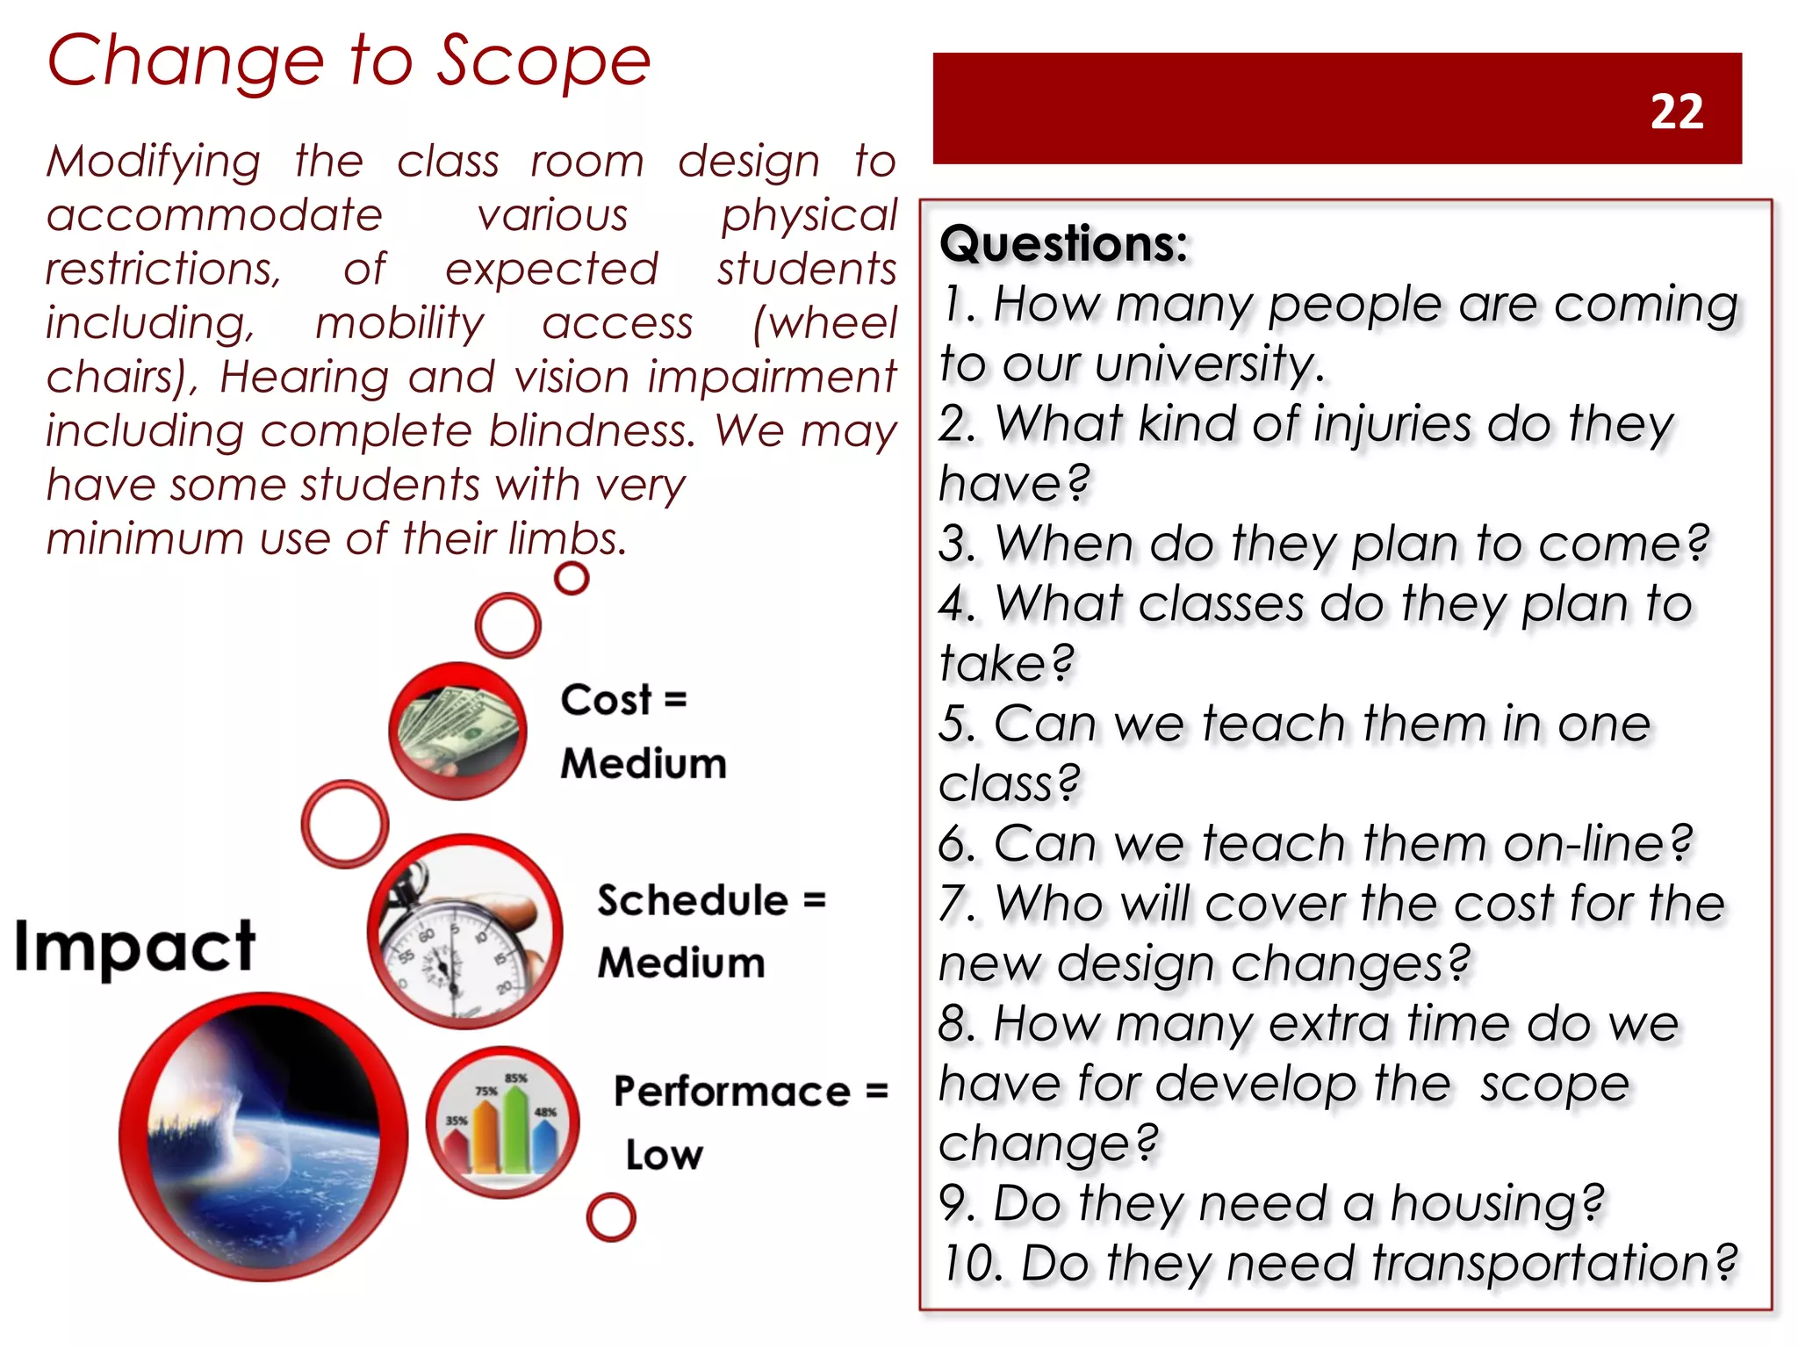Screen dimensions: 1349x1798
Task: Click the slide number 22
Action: (1676, 112)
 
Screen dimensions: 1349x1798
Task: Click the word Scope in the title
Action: (543, 61)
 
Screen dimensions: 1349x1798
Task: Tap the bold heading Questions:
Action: (1063, 243)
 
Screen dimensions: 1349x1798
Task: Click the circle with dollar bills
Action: (457, 731)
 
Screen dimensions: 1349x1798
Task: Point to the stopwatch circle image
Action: (465, 932)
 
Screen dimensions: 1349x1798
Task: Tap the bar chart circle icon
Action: (502, 1122)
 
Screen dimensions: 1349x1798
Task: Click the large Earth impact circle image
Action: (263, 1136)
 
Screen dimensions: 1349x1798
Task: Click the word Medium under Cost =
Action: (644, 763)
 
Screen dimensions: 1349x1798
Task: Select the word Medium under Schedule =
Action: (681, 963)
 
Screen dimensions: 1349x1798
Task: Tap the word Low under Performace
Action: (664, 1155)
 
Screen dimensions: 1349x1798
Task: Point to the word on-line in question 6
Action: (1584, 844)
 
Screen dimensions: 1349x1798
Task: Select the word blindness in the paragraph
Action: (592, 431)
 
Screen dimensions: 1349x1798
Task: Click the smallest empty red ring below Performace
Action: (610, 1217)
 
